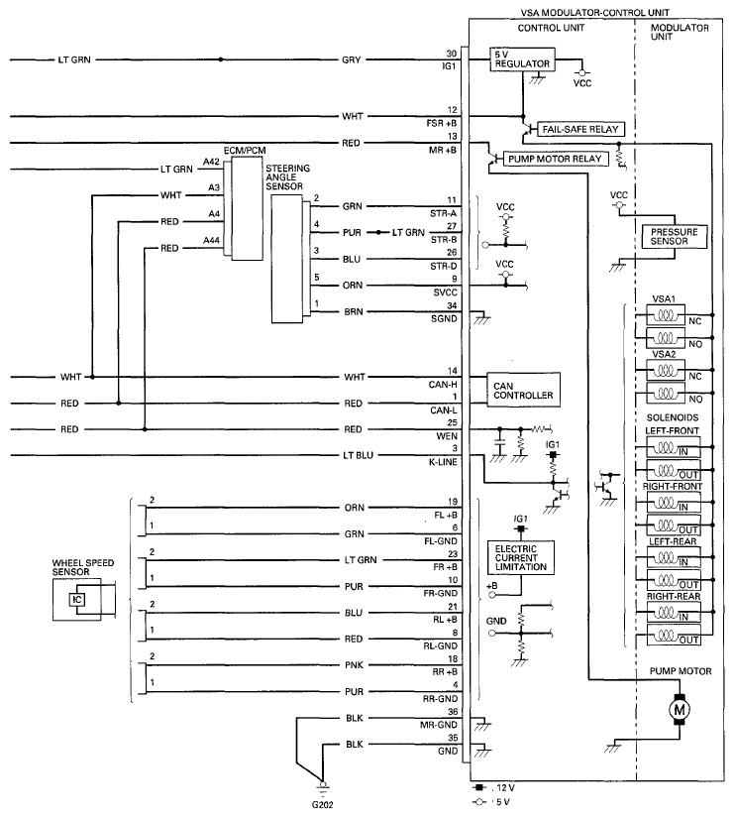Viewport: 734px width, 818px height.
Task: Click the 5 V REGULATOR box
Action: coord(522,59)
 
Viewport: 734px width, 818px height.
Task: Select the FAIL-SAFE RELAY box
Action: coord(580,129)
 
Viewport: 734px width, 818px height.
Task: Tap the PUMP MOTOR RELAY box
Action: coord(555,159)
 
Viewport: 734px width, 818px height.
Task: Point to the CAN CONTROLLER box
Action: coord(523,390)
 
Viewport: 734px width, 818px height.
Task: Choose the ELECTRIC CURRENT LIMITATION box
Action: coord(521,557)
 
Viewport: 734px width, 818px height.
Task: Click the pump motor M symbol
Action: coord(680,710)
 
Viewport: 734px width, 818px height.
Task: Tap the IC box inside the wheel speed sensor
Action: coord(76,600)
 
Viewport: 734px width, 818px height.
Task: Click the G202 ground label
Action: coord(322,804)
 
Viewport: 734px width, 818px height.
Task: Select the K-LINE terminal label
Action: coord(443,462)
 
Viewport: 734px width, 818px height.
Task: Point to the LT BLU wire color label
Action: coord(359,455)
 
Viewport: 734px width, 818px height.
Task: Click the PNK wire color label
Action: coord(354,665)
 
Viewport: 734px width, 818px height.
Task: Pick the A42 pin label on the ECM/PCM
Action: coord(211,162)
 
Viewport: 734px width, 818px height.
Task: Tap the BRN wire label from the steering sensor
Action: coord(353,312)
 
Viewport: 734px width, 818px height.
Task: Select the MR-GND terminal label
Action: coord(439,725)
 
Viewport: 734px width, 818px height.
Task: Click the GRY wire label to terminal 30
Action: coord(352,60)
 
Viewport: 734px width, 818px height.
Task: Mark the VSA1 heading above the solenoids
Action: coord(664,298)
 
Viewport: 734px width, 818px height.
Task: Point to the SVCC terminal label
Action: coord(445,292)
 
